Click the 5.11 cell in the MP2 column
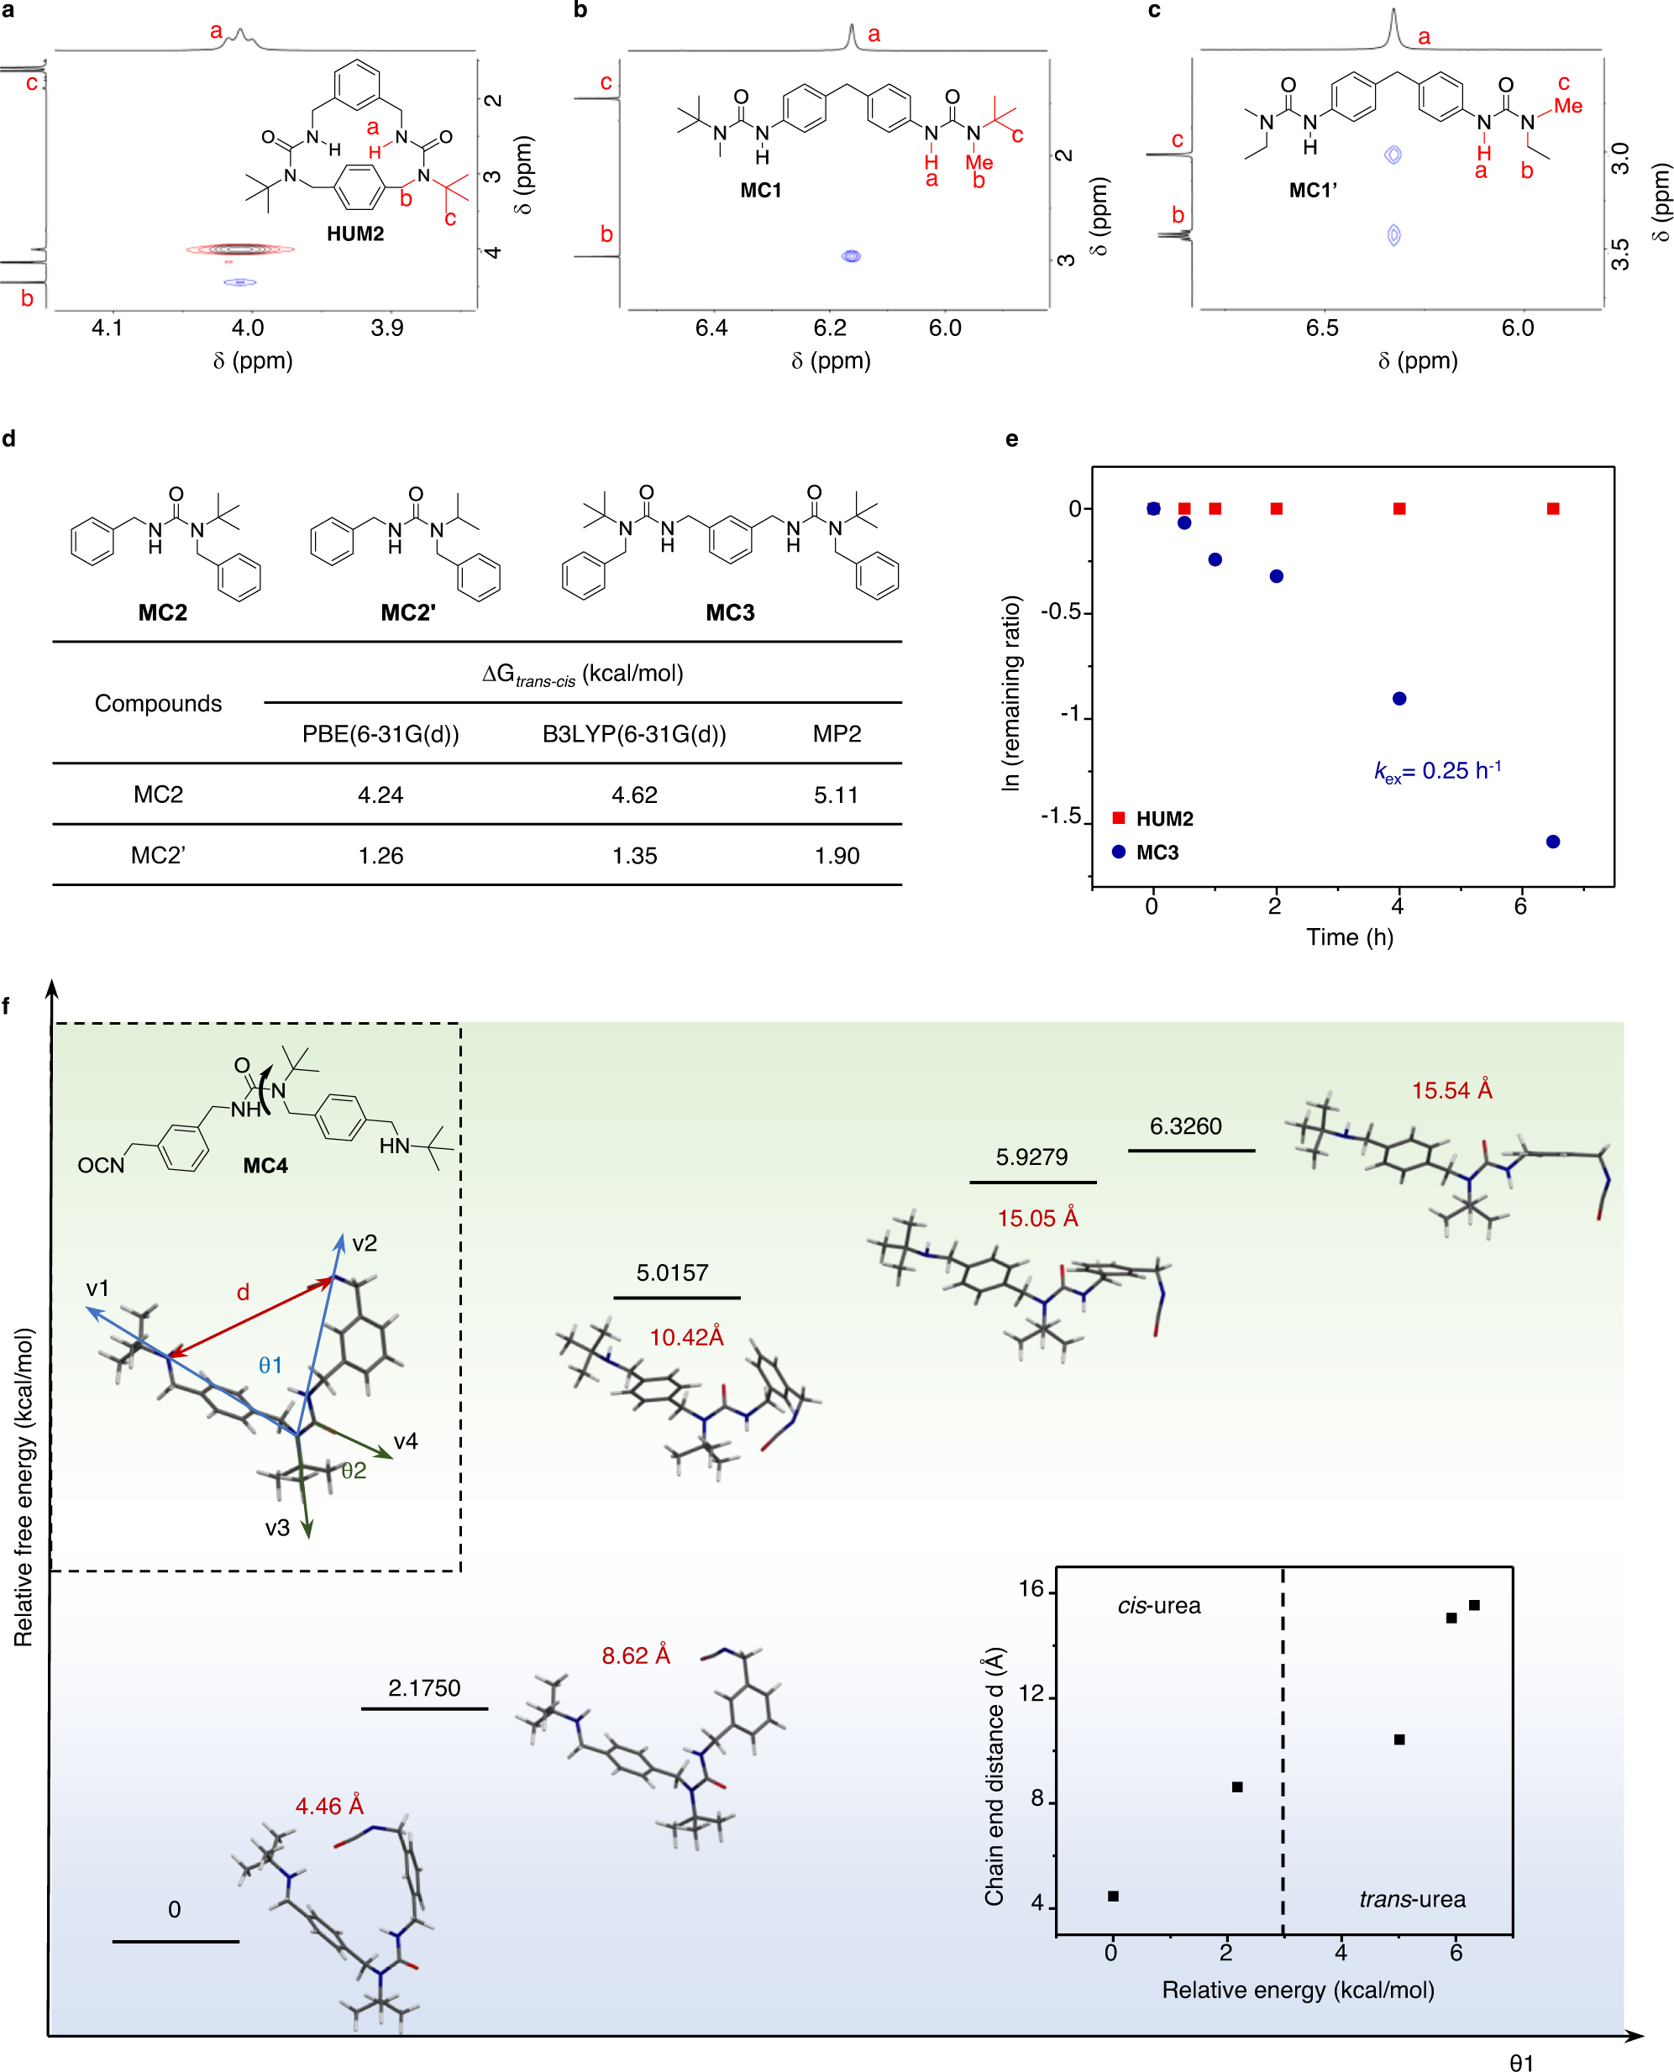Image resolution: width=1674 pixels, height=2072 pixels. [x=835, y=795]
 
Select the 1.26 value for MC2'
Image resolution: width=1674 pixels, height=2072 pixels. [x=380, y=855]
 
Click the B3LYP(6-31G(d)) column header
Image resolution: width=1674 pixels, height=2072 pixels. [x=633, y=734]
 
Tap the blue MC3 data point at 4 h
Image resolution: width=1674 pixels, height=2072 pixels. [x=1399, y=698]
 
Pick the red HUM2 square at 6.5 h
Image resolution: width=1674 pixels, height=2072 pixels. [x=1552, y=508]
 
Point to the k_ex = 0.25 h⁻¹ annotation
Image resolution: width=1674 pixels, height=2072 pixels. [x=1437, y=770]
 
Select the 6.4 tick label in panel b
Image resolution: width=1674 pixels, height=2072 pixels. [x=711, y=328]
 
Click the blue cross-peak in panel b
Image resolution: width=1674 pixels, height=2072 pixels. [x=851, y=255]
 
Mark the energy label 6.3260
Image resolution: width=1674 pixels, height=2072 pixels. [x=1185, y=1126]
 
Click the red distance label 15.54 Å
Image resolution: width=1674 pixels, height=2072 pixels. [x=1451, y=1090]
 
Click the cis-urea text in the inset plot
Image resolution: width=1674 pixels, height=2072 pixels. [x=1158, y=1605]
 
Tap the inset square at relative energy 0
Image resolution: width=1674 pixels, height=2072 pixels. [x=1113, y=1896]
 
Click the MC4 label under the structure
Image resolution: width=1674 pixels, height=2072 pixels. [x=265, y=1166]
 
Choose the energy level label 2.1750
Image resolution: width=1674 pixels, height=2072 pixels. [x=423, y=1687]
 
